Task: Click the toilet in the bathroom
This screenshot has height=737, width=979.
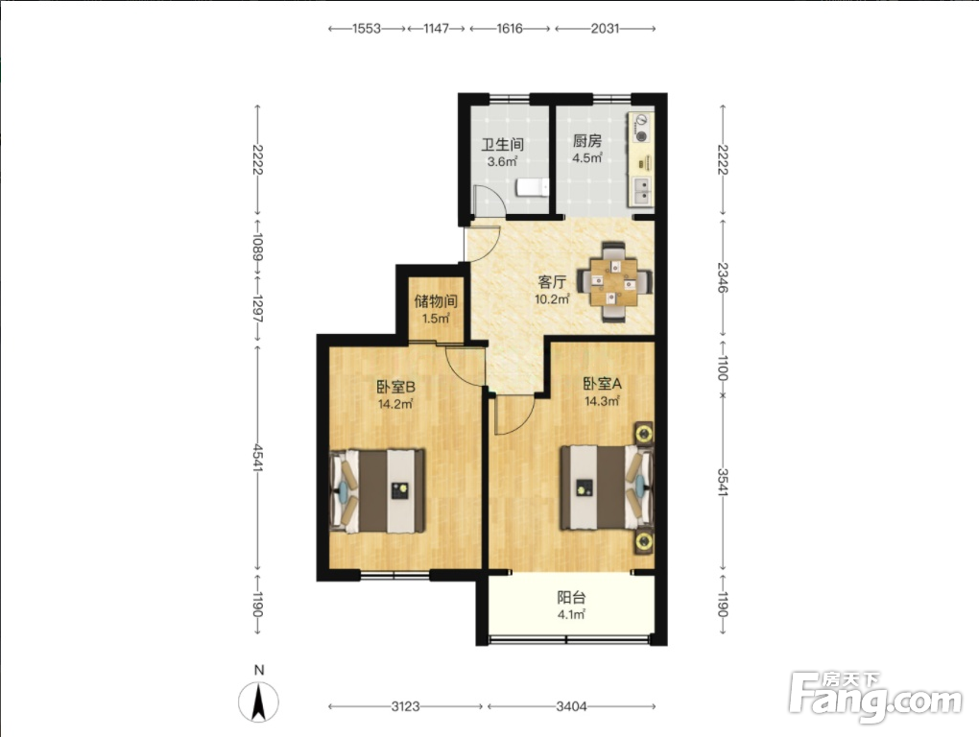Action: [x=533, y=187]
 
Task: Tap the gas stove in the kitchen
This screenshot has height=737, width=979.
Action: [x=641, y=128]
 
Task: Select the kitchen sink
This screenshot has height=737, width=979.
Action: [x=642, y=190]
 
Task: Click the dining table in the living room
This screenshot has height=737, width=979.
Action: [x=614, y=282]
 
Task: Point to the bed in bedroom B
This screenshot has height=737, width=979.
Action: [x=377, y=490]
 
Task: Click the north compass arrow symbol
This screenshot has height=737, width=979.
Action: [x=258, y=701]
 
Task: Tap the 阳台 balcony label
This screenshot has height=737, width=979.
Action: [x=571, y=597]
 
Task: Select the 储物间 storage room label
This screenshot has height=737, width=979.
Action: [x=436, y=301]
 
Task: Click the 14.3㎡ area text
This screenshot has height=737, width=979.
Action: [x=602, y=400]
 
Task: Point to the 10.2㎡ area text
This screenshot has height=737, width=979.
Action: [x=552, y=298]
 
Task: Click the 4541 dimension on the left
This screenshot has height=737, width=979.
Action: [x=258, y=458]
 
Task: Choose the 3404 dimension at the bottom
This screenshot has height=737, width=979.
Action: [x=571, y=706]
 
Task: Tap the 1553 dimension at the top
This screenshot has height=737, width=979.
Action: [x=367, y=28]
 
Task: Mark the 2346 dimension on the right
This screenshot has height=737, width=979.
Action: [x=723, y=277]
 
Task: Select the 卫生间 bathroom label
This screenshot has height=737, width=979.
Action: [x=502, y=145]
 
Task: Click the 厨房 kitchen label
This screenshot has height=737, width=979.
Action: [x=586, y=141]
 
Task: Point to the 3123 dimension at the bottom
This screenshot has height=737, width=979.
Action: [x=405, y=706]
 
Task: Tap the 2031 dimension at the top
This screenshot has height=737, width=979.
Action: [x=605, y=28]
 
